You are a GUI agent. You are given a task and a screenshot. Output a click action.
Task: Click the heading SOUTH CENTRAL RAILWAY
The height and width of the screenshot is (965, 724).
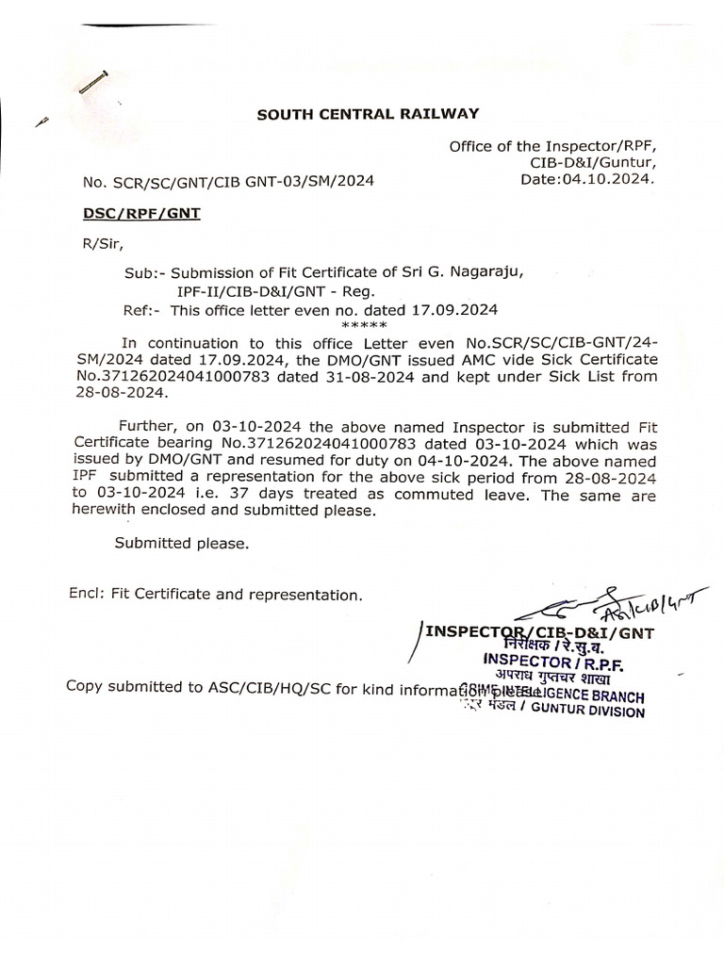[x=369, y=114]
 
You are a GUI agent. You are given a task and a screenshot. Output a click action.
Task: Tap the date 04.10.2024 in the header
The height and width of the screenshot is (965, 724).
[x=616, y=178]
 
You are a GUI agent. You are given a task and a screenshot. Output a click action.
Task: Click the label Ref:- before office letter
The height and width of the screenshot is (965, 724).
[x=142, y=309]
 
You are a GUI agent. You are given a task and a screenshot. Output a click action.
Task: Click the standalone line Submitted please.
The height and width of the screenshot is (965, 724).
[x=182, y=543]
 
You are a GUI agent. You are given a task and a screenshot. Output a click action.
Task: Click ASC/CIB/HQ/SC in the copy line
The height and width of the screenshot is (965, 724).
[x=249, y=686]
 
